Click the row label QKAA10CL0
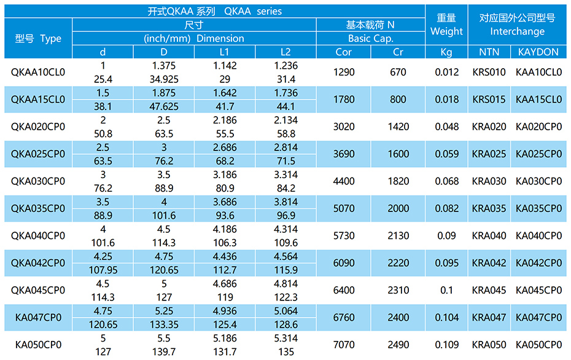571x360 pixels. (x=38, y=72)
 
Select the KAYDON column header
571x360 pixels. (x=538, y=52)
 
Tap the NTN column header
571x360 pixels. (x=489, y=52)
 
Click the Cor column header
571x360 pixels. (x=344, y=52)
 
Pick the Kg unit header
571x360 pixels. (x=446, y=52)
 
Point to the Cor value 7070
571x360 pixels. (x=344, y=345)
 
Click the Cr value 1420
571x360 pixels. (x=398, y=127)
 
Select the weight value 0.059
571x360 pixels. (x=446, y=154)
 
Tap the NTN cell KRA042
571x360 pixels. (x=489, y=263)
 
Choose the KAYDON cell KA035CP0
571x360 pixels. (x=538, y=209)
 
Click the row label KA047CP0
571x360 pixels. (x=38, y=318)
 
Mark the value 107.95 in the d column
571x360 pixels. (x=103, y=270)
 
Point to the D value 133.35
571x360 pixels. (x=164, y=324)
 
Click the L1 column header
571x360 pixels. (x=224, y=52)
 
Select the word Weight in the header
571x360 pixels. (x=446, y=31)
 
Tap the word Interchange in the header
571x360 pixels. (x=517, y=31)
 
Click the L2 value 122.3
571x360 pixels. (x=285, y=297)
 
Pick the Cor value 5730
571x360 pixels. (x=344, y=236)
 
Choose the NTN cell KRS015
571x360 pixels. (x=489, y=100)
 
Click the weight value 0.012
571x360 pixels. (x=446, y=72)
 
